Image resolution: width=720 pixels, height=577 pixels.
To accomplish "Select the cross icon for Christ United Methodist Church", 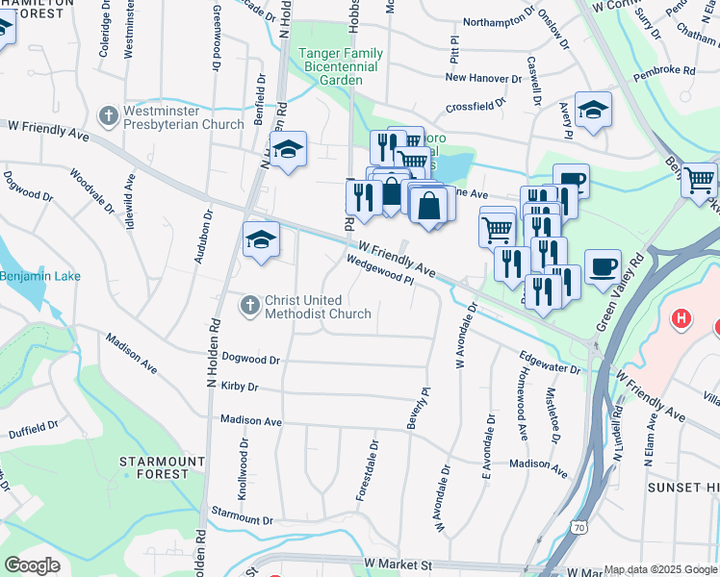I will point(249,306).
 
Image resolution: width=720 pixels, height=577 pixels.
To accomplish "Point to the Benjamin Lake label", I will point(40,276).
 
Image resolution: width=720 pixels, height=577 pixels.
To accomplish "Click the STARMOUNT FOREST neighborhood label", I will point(162,468).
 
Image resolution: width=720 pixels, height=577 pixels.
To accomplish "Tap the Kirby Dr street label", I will point(240,387).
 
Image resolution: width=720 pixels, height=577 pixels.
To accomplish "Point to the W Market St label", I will point(395,562).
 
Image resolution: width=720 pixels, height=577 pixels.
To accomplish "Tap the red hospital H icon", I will point(681,317).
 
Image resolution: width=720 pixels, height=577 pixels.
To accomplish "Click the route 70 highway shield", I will point(577,526).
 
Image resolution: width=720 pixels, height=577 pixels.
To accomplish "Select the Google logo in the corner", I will point(32,565).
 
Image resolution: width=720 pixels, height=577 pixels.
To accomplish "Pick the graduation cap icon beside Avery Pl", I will point(594,109).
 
